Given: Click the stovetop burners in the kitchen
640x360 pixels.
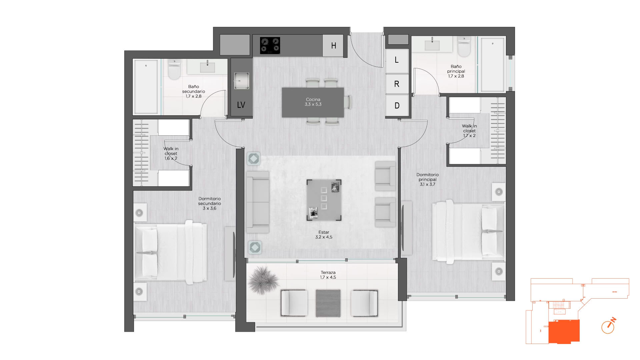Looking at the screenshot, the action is (270, 45).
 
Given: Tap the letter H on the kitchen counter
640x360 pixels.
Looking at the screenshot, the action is (333, 46).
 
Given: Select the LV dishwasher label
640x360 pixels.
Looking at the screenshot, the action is (241, 105).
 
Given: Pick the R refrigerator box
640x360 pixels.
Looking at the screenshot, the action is (397, 84).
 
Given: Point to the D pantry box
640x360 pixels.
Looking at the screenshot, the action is (397, 106).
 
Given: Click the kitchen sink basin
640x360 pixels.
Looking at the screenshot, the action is (241, 81).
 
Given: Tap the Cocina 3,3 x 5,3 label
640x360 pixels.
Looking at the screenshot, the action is (313, 102).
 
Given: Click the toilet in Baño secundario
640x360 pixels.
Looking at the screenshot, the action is (174, 69).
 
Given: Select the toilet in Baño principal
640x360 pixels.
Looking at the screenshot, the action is (464, 46).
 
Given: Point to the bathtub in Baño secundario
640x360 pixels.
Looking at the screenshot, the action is (146, 87).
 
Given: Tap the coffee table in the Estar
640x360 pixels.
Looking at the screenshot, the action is (324, 200).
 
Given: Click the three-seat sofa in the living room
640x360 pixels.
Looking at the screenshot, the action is (258, 202).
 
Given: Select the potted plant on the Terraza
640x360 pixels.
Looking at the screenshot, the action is (263, 280).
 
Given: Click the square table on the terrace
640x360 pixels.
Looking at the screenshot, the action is (328, 303).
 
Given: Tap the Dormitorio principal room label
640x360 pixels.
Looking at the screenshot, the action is (428, 179).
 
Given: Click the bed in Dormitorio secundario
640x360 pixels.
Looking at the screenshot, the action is (170, 252).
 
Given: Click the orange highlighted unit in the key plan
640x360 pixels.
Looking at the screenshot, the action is (564, 331).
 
